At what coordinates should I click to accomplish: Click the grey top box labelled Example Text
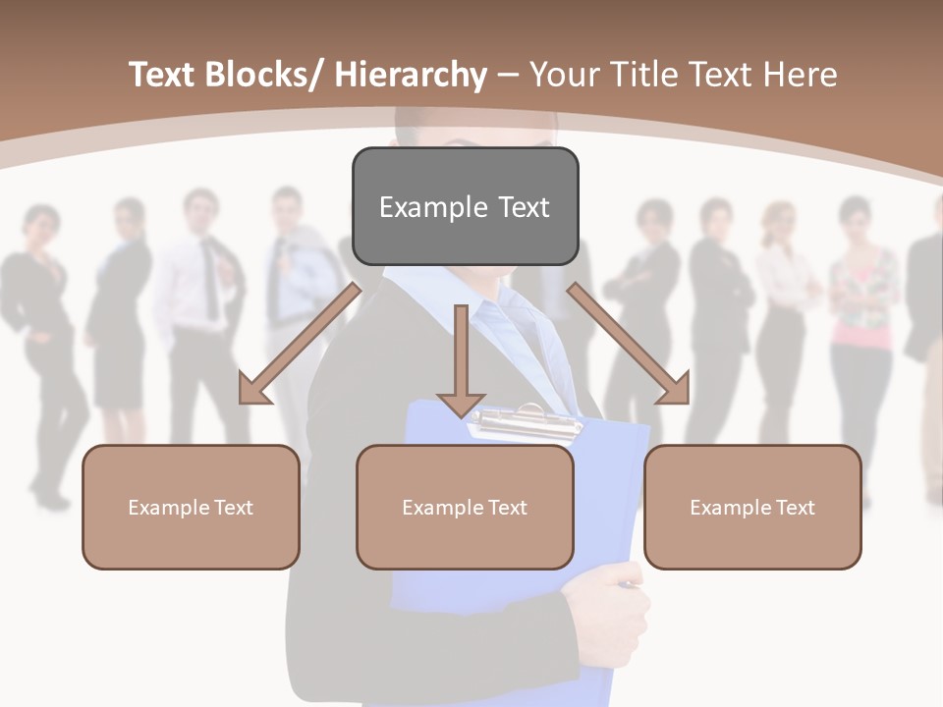(x=465, y=206)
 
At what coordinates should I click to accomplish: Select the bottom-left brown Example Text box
(x=191, y=507)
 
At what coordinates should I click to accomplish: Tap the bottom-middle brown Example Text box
(x=465, y=507)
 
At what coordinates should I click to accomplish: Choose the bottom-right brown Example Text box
(x=752, y=507)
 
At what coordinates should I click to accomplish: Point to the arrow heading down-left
(x=300, y=343)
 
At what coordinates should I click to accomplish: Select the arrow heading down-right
(x=629, y=343)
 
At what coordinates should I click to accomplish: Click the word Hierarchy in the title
(x=411, y=75)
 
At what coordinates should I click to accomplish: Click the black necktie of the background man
(x=209, y=265)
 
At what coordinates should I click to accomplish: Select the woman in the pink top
(x=862, y=324)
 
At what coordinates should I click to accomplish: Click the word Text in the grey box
(x=512, y=207)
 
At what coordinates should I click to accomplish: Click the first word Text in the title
(x=165, y=75)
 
